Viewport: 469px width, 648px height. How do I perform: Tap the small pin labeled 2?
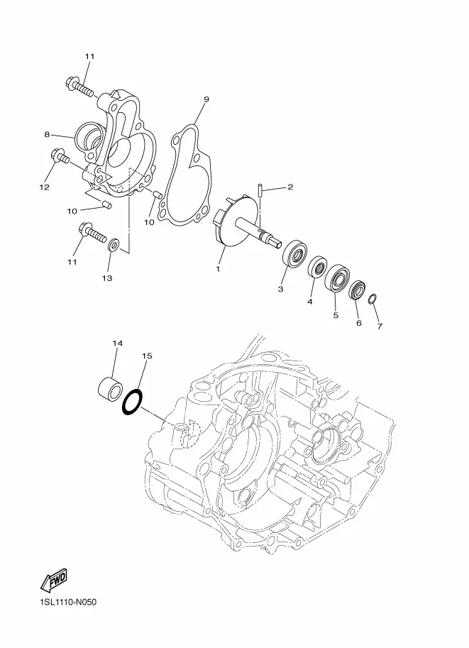pos(260,190)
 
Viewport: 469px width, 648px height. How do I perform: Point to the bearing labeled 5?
pos(337,278)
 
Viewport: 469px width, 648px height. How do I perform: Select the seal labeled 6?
pos(358,290)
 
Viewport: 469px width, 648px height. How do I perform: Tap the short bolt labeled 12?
pos(60,157)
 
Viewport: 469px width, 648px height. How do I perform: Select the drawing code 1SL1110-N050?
pos(68,602)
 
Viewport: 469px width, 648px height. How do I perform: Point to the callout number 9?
pos(206,99)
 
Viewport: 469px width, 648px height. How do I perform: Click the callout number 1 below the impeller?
pos(218,269)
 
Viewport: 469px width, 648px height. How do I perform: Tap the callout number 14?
pos(117,343)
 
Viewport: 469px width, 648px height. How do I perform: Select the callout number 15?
pos(147,356)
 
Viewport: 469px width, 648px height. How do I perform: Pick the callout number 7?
pos(380,326)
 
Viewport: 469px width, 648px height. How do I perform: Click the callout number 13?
pos(107,278)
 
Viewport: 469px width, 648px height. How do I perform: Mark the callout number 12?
pos(44,187)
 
